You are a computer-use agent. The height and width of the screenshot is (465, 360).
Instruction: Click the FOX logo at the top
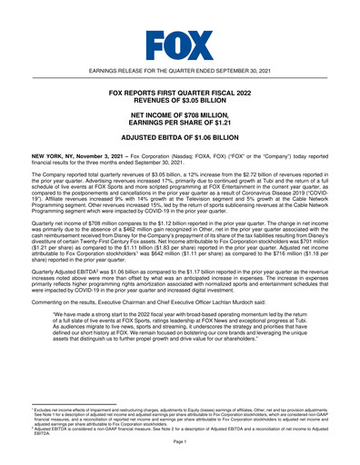tap(179, 42)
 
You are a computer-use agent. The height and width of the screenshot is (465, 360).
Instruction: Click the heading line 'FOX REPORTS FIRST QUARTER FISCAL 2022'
tap(179, 93)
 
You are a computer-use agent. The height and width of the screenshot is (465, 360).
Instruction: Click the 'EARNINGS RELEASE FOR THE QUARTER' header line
tap(179, 71)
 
